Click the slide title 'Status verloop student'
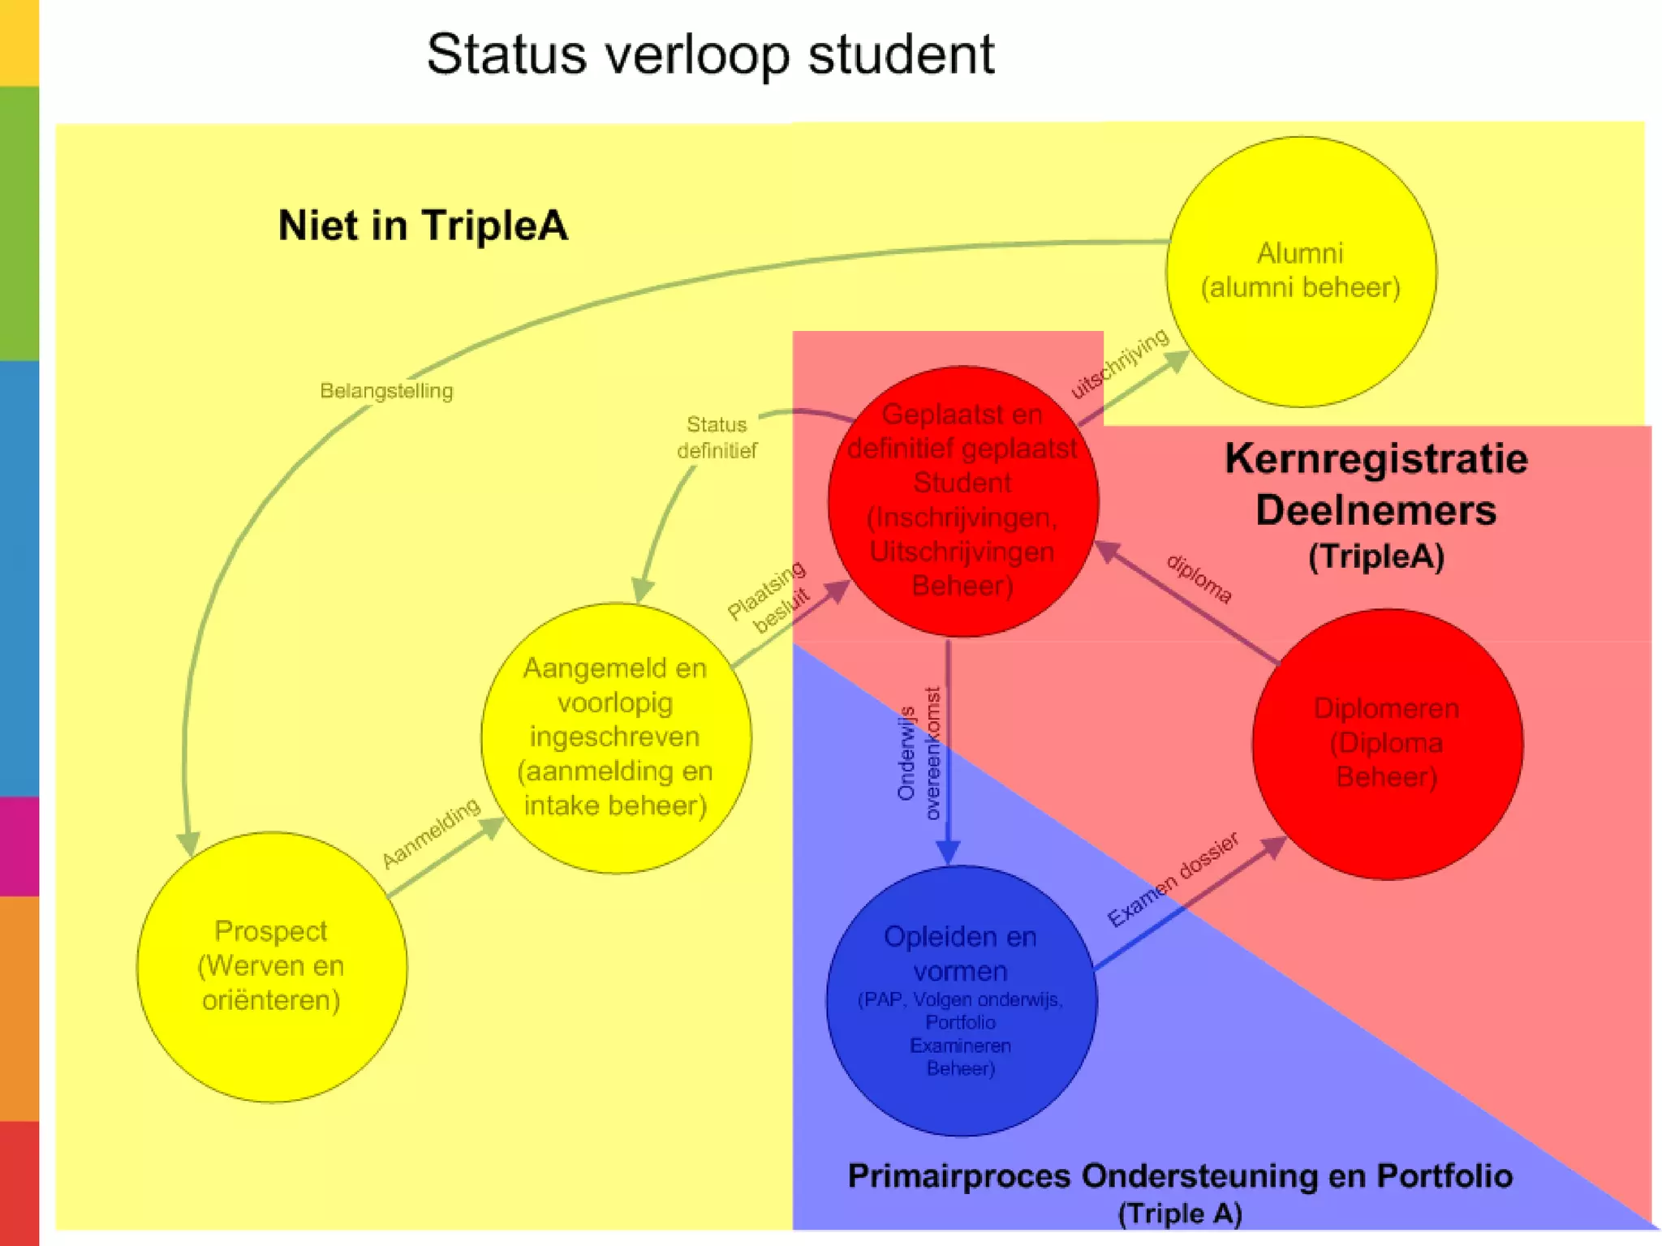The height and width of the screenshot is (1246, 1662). [710, 55]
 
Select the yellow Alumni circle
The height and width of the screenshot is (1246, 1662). [1300, 272]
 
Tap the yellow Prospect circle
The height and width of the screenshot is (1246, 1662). [272, 966]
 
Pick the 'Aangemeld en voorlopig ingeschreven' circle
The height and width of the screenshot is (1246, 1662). [616, 737]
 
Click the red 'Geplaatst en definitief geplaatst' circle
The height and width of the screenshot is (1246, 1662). [962, 501]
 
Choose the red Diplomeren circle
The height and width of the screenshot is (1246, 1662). [1387, 744]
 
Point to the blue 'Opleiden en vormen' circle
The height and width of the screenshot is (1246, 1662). [961, 1000]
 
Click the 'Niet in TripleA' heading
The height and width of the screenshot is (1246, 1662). [423, 226]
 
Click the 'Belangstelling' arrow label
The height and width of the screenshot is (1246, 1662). [386, 391]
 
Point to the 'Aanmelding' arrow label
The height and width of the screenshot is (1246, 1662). [431, 832]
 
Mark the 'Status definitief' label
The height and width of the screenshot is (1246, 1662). [717, 437]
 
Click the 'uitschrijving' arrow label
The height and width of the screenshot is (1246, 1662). [1120, 363]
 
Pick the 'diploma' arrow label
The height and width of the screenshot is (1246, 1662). [1199, 578]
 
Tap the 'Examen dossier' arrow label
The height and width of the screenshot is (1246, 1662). [1173, 880]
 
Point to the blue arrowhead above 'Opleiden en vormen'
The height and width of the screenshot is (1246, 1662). [948, 852]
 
